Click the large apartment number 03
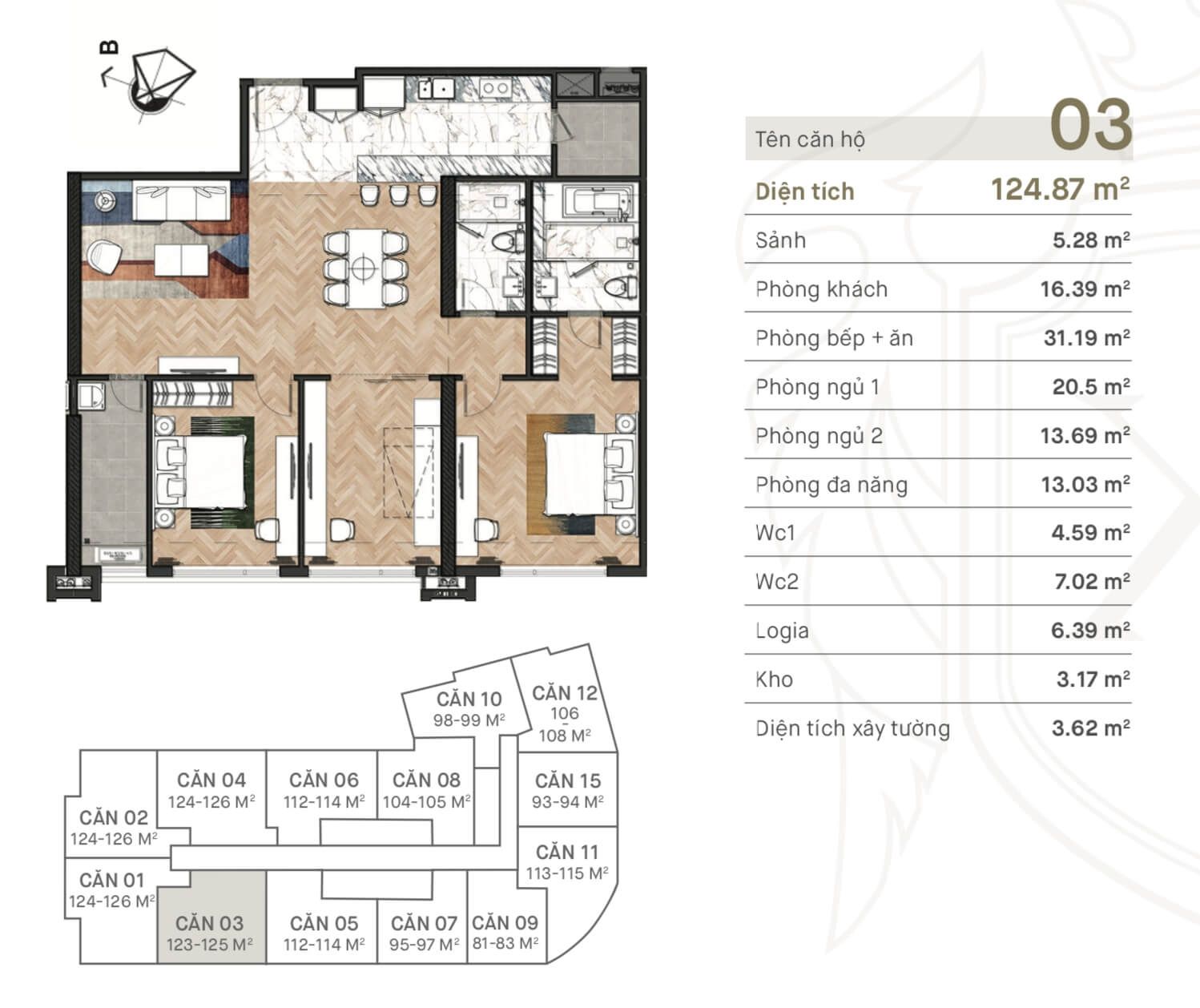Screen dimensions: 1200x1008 (x=1090, y=124)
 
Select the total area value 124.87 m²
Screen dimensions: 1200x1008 (x=1061, y=189)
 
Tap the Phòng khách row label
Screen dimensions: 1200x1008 (x=821, y=289)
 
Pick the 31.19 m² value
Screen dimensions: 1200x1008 (x=1087, y=337)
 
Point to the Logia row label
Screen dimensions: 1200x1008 (x=782, y=631)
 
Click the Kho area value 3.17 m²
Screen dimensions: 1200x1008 (x=1093, y=679)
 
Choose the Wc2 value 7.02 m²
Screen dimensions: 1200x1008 (x=1092, y=582)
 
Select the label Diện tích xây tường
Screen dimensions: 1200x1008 (x=853, y=728)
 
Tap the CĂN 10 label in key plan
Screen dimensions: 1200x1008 (x=469, y=700)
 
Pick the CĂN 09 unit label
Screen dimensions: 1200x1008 (x=505, y=923)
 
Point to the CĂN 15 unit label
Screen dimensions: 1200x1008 (x=568, y=781)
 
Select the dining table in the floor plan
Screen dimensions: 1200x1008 (x=363, y=268)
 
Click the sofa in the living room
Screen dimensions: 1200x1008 (x=181, y=200)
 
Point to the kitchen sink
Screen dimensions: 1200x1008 (x=437, y=89)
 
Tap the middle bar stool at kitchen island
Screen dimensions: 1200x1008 (x=398, y=194)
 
